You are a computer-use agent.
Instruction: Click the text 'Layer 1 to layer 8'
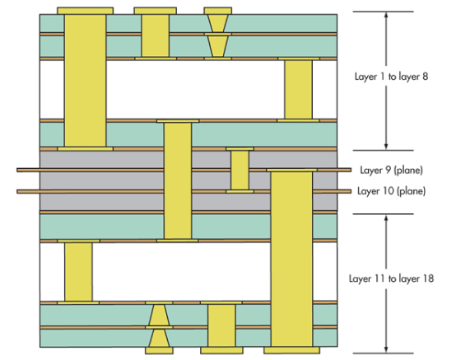[x=391, y=77]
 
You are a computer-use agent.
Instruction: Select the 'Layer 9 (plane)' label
[x=392, y=170]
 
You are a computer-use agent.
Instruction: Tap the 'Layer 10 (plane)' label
[x=392, y=191]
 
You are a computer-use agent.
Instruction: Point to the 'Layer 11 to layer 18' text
[x=391, y=278]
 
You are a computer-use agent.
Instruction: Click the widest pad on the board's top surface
[x=86, y=11]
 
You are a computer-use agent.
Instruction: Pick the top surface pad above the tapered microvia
[x=218, y=11]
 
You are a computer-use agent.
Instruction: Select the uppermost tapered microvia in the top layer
[x=218, y=23]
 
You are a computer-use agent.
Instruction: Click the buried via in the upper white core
[x=299, y=89]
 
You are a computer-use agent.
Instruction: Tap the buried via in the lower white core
[x=78, y=272]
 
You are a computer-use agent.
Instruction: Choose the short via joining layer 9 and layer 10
[x=240, y=171]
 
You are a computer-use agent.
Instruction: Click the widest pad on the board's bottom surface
[x=291, y=350]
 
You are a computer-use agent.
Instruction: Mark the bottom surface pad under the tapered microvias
[x=159, y=350]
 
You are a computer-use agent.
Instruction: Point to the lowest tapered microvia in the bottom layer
[x=159, y=338]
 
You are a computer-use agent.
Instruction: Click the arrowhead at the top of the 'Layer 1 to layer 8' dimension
[x=386, y=15]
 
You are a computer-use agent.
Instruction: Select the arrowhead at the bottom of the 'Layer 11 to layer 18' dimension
[x=386, y=349]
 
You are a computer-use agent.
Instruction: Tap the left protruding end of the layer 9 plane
[x=17, y=170]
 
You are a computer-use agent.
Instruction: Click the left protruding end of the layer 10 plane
[x=17, y=191]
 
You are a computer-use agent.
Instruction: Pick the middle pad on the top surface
[x=156, y=11]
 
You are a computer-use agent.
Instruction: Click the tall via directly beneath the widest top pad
[x=86, y=81]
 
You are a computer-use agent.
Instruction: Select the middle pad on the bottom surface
[x=221, y=350]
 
